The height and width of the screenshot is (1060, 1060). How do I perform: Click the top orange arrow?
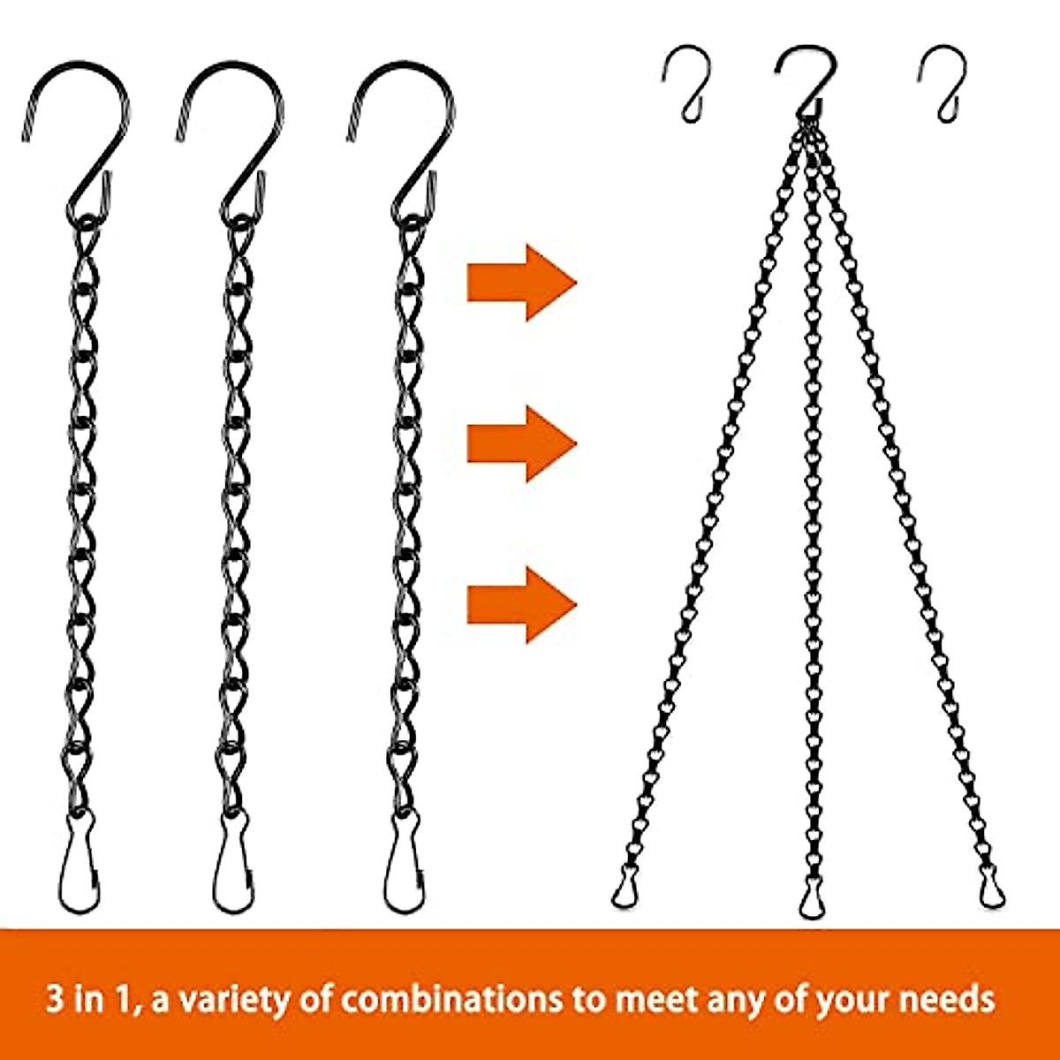tap(521, 282)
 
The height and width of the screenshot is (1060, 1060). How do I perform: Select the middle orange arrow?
tap(521, 443)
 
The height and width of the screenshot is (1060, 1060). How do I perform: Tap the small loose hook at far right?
tap(944, 84)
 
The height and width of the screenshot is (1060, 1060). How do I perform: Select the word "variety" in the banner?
tap(231, 999)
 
